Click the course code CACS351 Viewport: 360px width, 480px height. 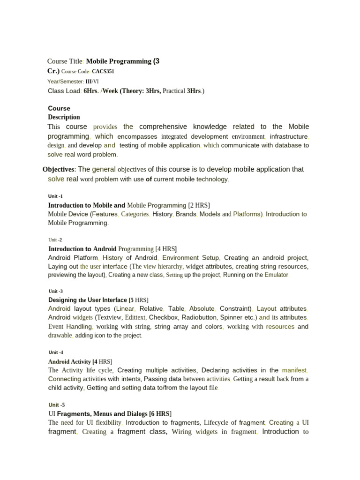click(103, 72)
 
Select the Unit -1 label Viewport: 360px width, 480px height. click(55, 196)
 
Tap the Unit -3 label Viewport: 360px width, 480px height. click(55, 291)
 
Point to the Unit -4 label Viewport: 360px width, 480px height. click(56, 352)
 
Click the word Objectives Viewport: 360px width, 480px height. click(59, 169)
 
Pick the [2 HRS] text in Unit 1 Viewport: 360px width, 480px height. click(199, 205)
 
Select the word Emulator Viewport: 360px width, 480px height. click(276, 275)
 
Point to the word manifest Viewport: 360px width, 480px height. click(294, 370)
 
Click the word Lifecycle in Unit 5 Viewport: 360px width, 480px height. click(220, 422)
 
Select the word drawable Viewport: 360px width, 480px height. click(60, 335)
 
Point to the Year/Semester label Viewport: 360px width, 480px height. click(65, 81)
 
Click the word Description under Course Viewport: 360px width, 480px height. click(64, 117)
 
